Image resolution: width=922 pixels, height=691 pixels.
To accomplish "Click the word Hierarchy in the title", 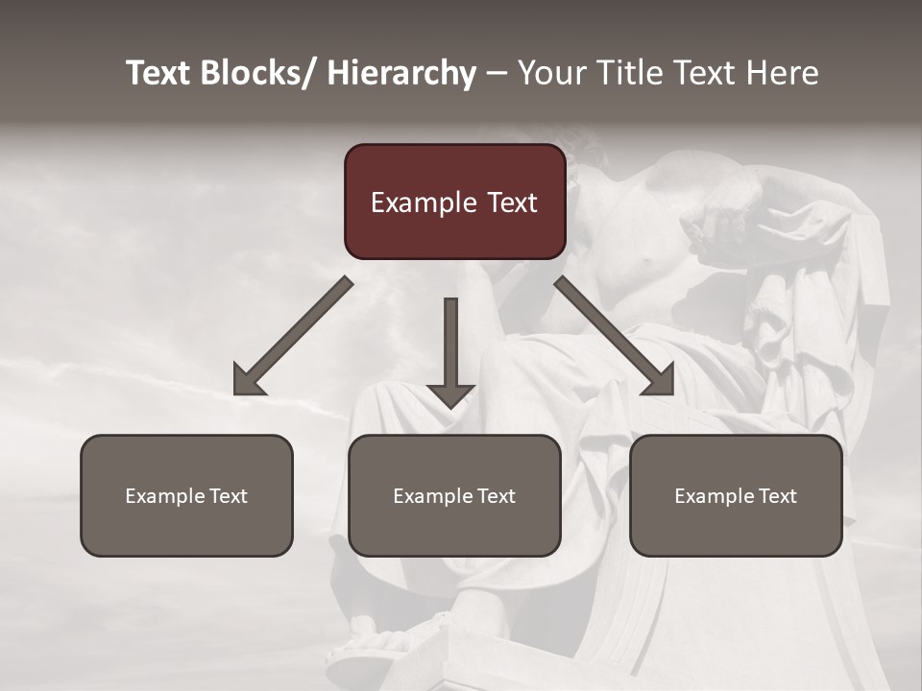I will click(401, 74).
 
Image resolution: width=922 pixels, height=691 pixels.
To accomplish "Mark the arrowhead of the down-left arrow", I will click(248, 381).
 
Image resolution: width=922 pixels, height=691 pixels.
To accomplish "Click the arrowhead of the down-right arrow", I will click(659, 381).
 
